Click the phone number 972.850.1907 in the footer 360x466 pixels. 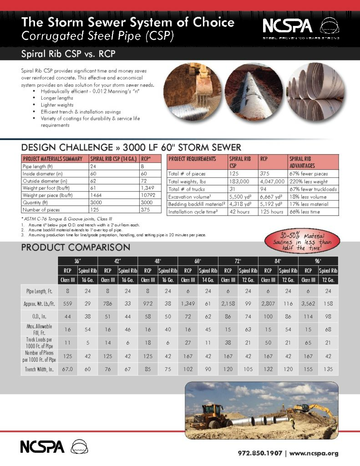pos(260,453)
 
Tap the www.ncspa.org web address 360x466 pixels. pos(314,453)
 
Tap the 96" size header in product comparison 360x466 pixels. pos(318,261)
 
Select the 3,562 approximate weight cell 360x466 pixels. pos(308,302)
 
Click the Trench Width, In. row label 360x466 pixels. pos(40,369)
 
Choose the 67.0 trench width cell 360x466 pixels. pos(67,369)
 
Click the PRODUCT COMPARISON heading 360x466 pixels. pos(76,248)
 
